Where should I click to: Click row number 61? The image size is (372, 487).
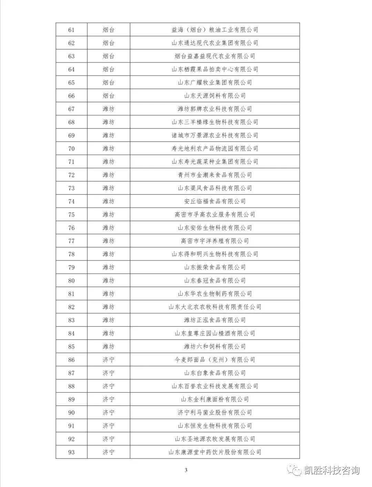(x=71, y=30)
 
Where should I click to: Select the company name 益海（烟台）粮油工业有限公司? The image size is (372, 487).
(x=215, y=30)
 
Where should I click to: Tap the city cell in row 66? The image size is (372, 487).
(x=108, y=96)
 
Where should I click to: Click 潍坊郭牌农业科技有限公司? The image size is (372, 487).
(x=215, y=109)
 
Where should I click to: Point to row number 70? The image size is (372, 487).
(x=71, y=149)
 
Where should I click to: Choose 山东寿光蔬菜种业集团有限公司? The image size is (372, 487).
(x=215, y=162)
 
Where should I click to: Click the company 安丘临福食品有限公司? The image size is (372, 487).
(x=215, y=201)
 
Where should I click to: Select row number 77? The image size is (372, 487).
(x=71, y=241)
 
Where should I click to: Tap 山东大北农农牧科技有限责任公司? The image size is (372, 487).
(x=215, y=307)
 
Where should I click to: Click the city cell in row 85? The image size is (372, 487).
(x=108, y=347)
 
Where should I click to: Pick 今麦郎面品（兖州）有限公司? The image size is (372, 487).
(x=215, y=360)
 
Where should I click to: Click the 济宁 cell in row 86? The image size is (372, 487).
(x=108, y=360)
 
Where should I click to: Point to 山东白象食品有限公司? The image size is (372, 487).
(x=215, y=373)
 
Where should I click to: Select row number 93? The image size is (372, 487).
(x=71, y=452)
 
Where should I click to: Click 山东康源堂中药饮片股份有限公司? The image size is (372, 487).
(x=215, y=452)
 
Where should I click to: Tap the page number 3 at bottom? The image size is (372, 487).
(x=186, y=470)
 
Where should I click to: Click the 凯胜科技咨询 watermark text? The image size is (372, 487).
(x=332, y=470)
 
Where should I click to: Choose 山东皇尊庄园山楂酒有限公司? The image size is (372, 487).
(x=215, y=334)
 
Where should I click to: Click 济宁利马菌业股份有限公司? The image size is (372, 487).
(x=215, y=413)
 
